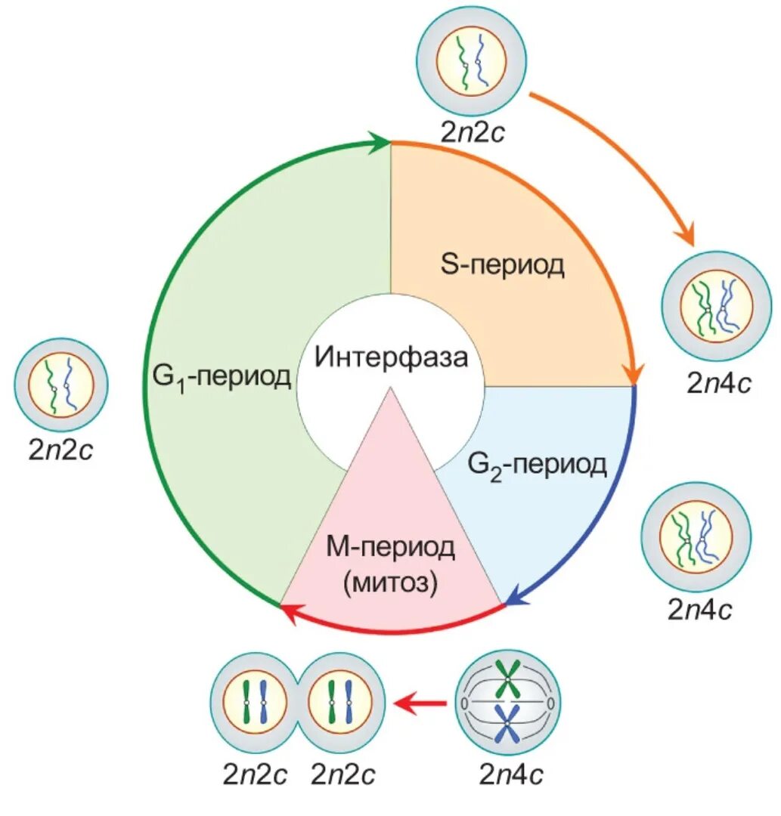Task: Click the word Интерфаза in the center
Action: [391, 356]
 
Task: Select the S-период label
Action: [502, 264]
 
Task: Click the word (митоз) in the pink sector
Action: [390, 583]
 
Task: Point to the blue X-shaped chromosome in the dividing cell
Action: [507, 726]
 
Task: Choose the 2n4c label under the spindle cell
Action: [510, 775]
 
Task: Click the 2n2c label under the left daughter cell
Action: [255, 775]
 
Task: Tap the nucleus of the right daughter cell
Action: [339, 702]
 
